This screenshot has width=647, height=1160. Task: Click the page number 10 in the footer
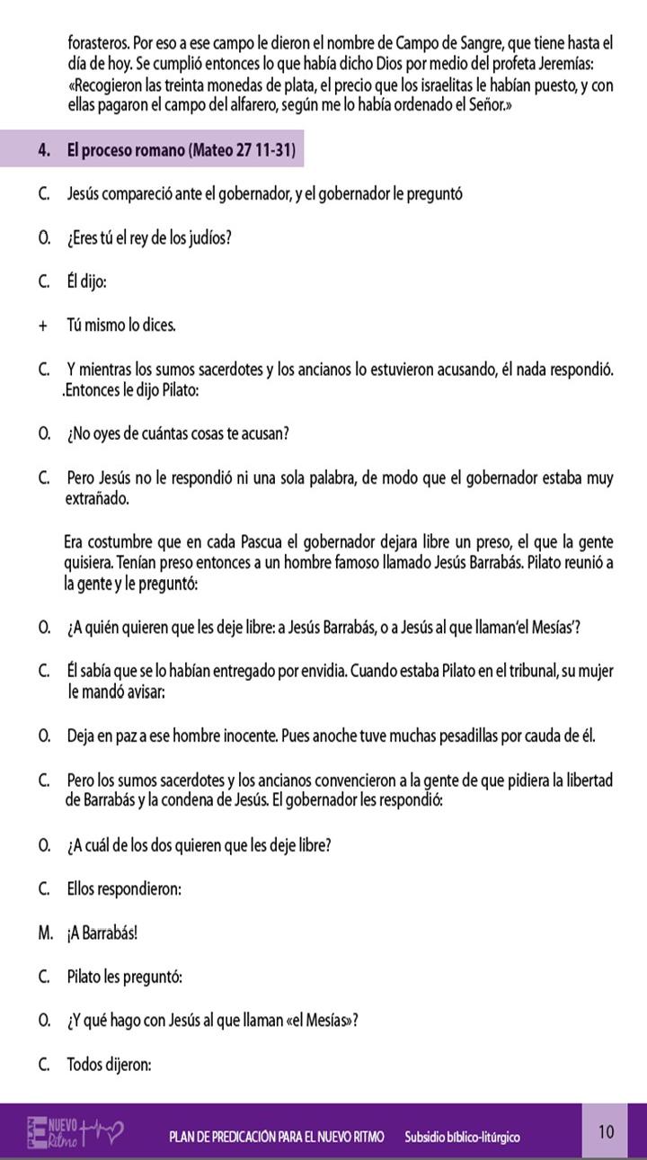[x=607, y=1131]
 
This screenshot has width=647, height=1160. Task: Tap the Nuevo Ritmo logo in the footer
[x=75, y=1132]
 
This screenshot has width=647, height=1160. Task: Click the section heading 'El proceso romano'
[x=181, y=150]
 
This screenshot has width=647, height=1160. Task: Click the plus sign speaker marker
[x=43, y=326]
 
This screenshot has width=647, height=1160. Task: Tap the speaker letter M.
[x=45, y=932]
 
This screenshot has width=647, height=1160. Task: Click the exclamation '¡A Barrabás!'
[x=102, y=932]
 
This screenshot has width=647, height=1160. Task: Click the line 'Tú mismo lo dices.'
[x=121, y=326]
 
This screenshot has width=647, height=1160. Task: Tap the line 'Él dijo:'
[x=86, y=281]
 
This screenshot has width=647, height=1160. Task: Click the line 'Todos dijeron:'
[x=109, y=1065]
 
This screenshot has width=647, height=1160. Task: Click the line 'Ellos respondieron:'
[x=124, y=888]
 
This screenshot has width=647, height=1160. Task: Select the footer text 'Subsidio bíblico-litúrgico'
[x=462, y=1137]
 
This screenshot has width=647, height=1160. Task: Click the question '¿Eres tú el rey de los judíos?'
[x=150, y=238]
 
